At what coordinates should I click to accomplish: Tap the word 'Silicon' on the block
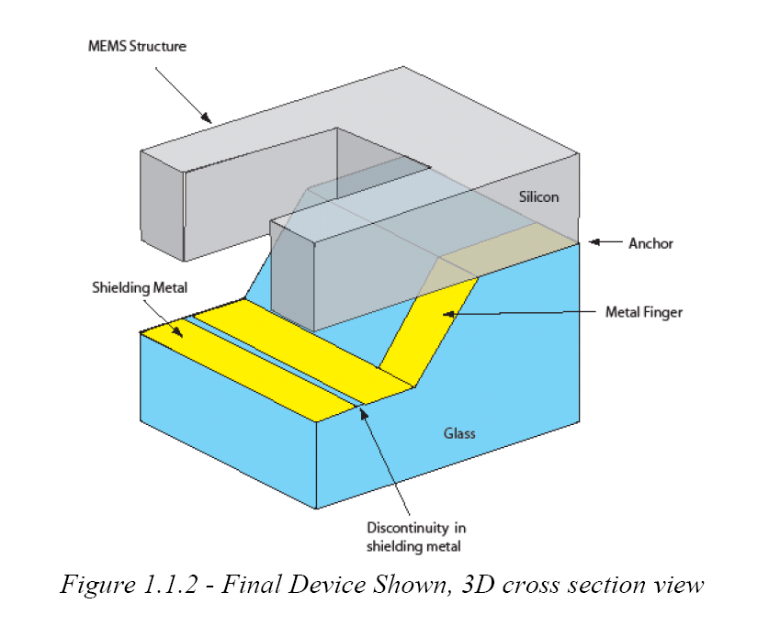coord(538,196)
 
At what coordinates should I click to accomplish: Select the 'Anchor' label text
coord(650,243)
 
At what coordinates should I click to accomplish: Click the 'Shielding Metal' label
coord(139,288)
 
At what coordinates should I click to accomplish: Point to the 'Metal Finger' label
coord(644,312)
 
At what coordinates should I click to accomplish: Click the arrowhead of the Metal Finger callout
coord(447,314)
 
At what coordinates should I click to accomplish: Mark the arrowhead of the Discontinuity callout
coord(365,411)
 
